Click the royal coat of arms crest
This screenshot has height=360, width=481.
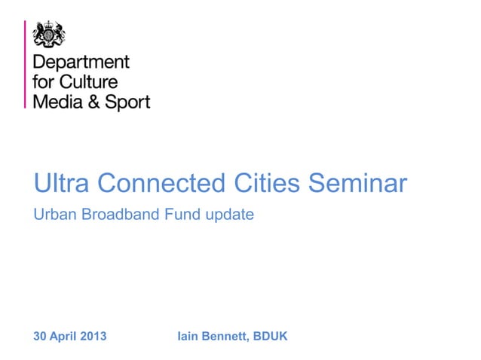[x=49, y=33]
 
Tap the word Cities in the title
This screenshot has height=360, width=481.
[x=268, y=183]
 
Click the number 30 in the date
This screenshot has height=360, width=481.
[x=41, y=336]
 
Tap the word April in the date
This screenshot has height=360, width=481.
[x=65, y=337]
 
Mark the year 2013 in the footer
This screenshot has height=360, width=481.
[x=94, y=336]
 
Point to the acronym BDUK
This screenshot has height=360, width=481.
[x=271, y=336]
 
